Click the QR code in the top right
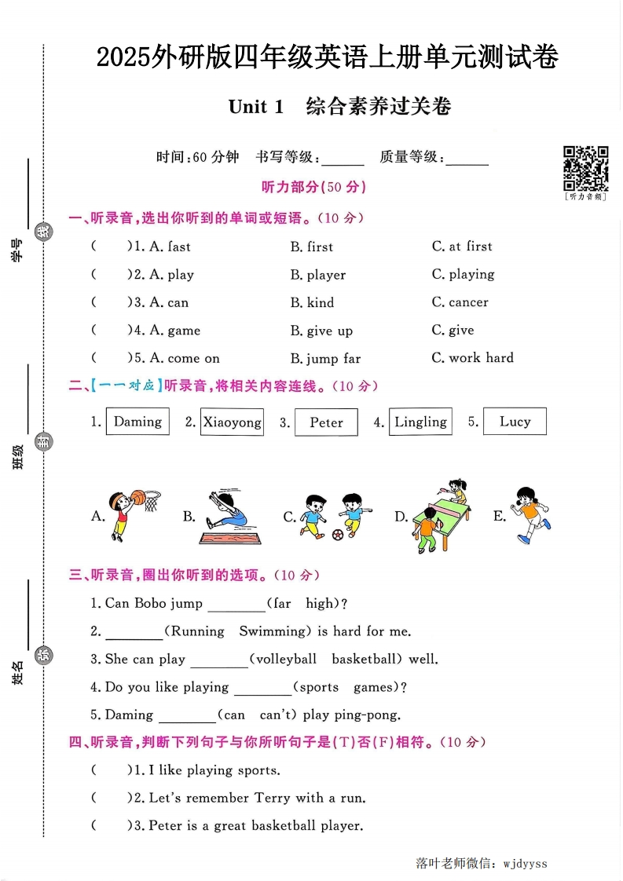586,167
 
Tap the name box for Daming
137,422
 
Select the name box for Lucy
515,422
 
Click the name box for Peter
326,422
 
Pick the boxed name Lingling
420,422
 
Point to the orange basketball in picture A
138,496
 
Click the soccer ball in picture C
338,535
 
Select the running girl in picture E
529,515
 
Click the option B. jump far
325,359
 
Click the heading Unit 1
255,107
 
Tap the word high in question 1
321,604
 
